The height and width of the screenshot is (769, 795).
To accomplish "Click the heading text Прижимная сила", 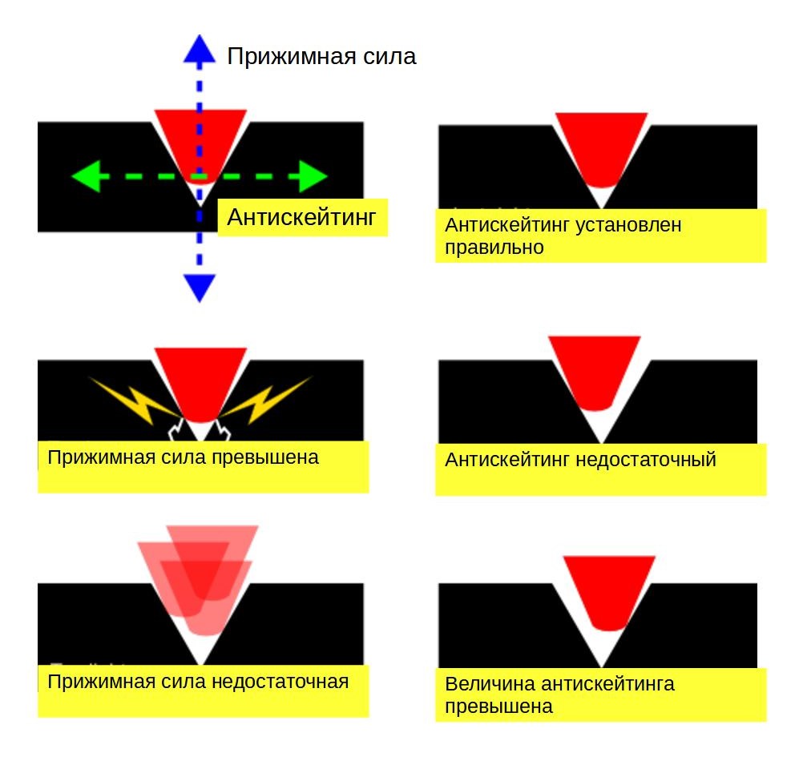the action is pyautogui.click(x=321, y=56).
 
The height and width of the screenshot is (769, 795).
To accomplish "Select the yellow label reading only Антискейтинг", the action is pyautogui.click(x=302, y=217).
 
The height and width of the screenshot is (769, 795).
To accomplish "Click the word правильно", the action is pyautogui.click(x=494, y=248).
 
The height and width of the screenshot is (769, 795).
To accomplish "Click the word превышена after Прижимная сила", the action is pyautogui.click(x=265, y=457).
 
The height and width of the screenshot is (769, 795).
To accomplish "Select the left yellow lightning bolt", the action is pyautogui.click(x=135, y=400).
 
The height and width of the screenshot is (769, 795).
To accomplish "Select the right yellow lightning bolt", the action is pyautogui.click(x=267, y=400).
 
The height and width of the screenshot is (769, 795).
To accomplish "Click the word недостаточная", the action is pyautogui.click(x=280, y=682).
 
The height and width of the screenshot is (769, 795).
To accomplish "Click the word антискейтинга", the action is pyautogui.click(x=608, y=685).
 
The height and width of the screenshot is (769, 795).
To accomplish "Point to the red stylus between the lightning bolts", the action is pyautogui.click(x=200, y=382).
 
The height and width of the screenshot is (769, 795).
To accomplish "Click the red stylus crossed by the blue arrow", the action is pyautogui.click(x=200, y=144).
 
